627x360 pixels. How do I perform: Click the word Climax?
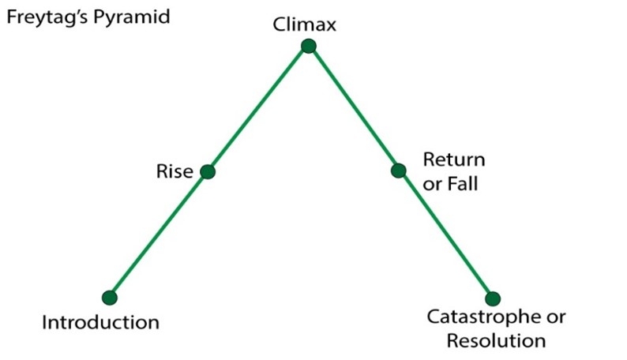click(304, 24)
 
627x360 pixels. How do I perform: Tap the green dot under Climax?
click(309, 47)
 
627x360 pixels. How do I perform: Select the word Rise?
click(175, 171)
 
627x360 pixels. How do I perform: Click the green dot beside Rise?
click(208, 172)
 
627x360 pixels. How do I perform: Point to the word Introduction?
click(100, 322)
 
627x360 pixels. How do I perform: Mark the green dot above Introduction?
click(110, 298)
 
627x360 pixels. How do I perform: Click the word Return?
click(454, 159)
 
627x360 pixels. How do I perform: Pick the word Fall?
click(462, 184)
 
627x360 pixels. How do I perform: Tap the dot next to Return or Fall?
click(398, 171)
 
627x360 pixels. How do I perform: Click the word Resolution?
click(496, 341)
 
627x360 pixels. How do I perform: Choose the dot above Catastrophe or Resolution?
click(493, 298)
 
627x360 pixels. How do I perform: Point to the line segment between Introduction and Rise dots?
click(159, 235)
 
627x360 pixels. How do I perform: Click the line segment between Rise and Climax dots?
click(258, 109)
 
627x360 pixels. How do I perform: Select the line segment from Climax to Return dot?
click(354, 109)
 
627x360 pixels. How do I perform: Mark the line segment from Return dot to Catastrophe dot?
click(445, 235)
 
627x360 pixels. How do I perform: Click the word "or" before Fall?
click(432, 186)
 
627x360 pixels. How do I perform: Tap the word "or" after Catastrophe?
click(556, 318)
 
